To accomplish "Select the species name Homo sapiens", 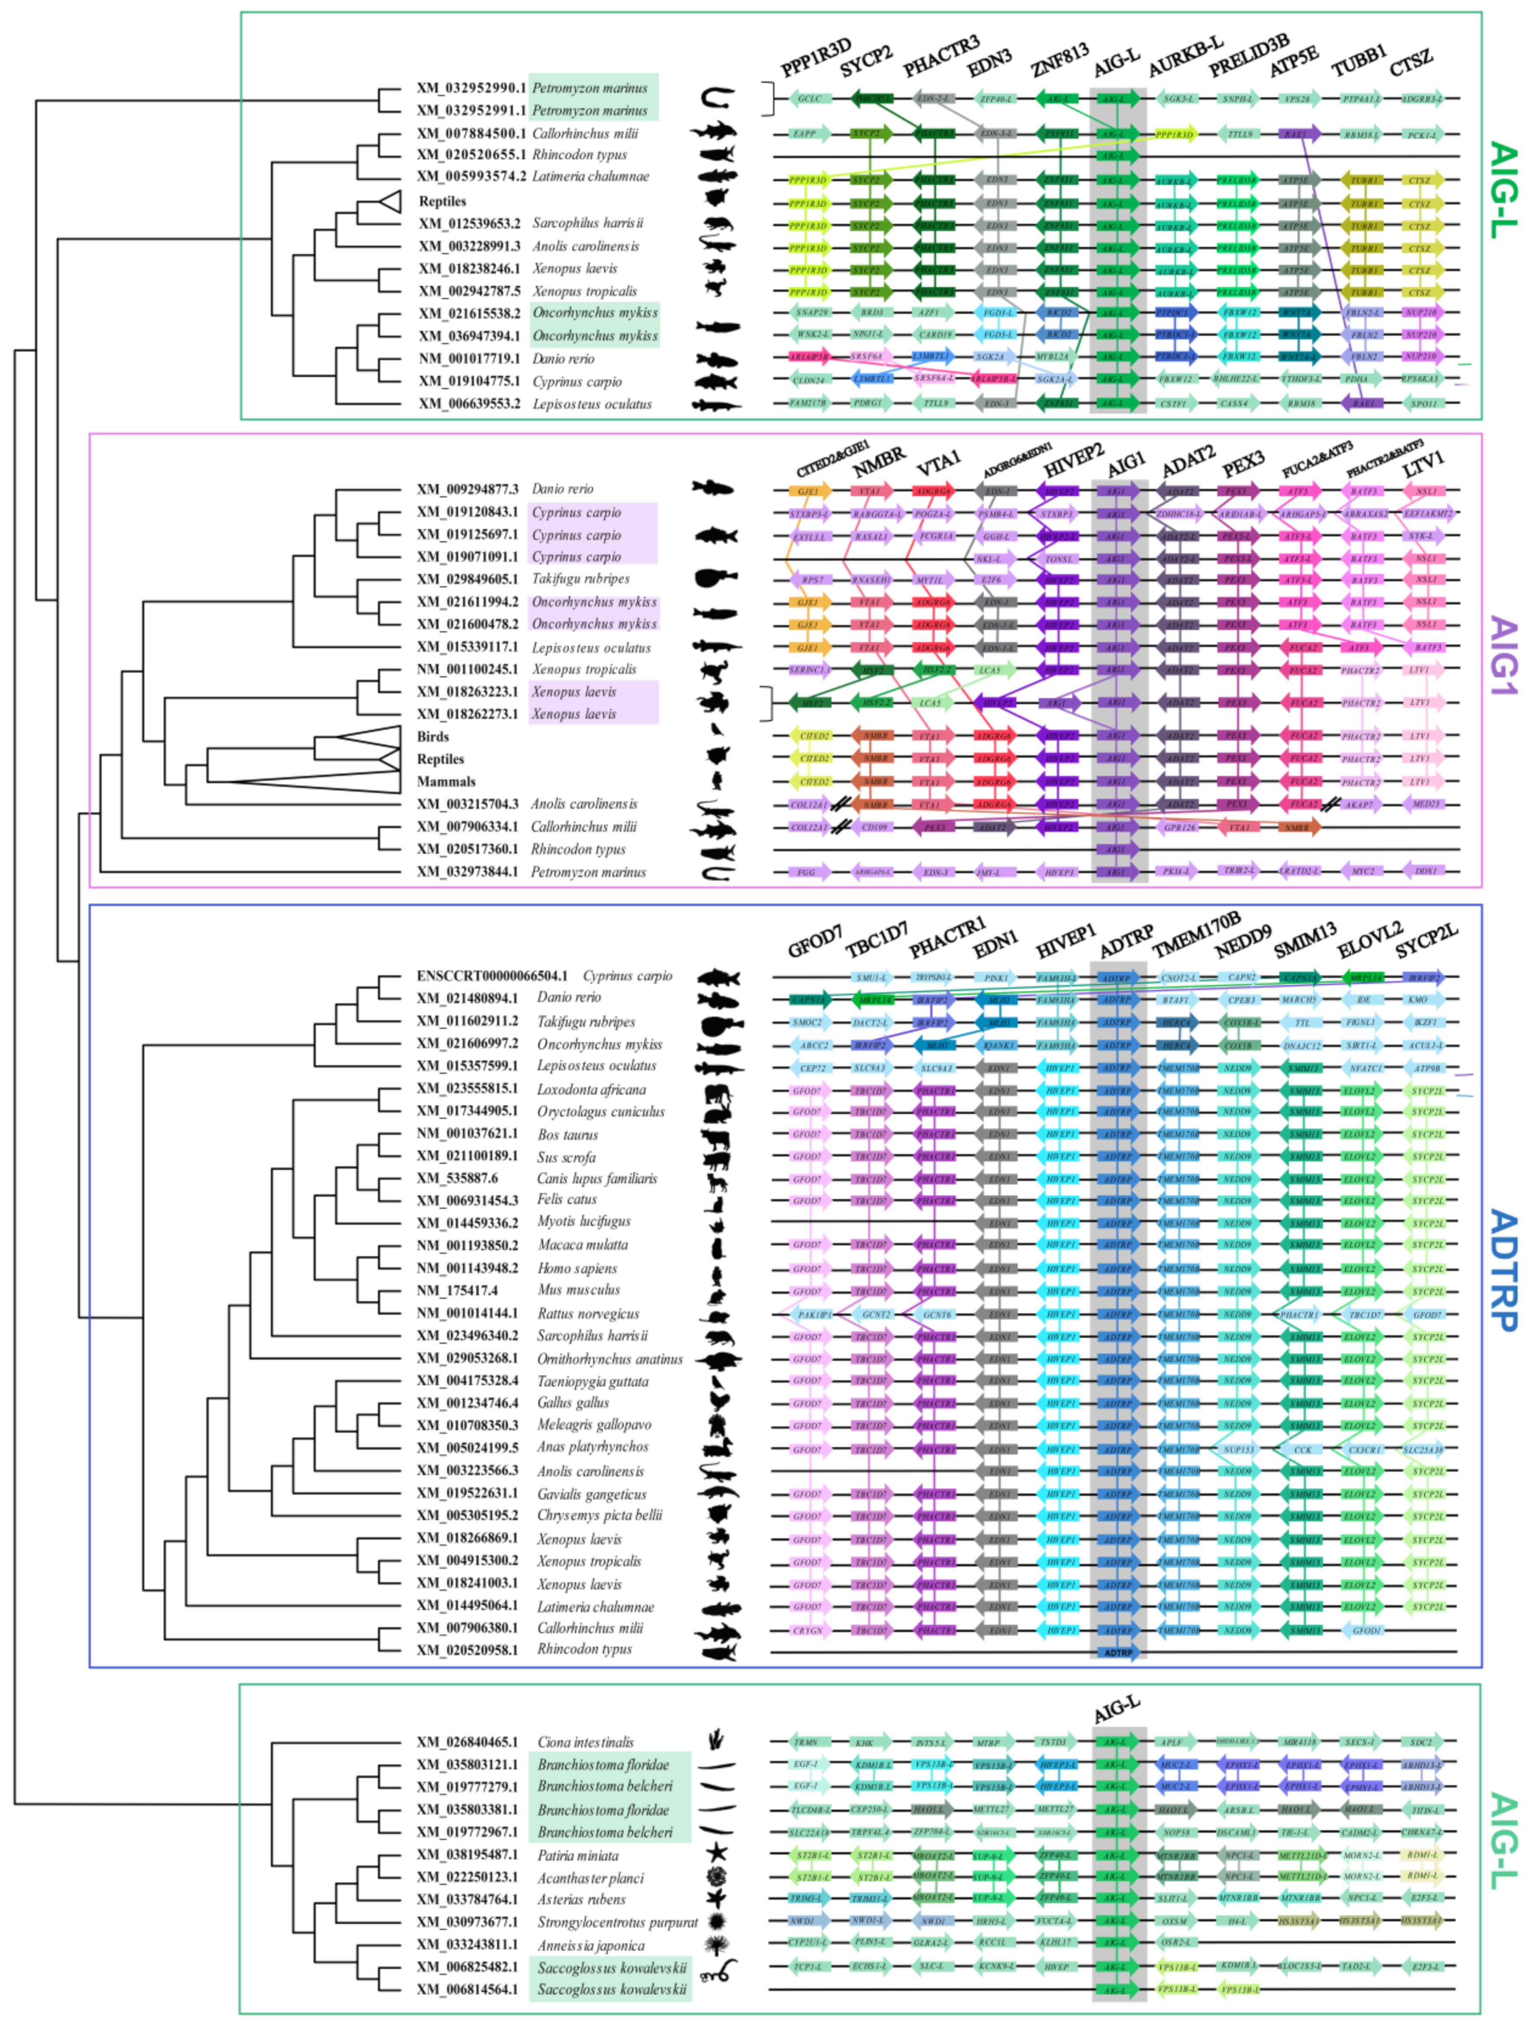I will [x=577, y=1268].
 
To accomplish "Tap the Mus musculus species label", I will [x=578, y=1290].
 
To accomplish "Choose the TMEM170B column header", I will [x=1196, y=934].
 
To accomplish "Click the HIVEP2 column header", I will [x=1073, y=461].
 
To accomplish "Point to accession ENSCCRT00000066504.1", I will [x=492, y=976].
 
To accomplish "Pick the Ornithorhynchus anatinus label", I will [x=609, y=1359].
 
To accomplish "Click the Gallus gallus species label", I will [x=573, y=1403].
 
